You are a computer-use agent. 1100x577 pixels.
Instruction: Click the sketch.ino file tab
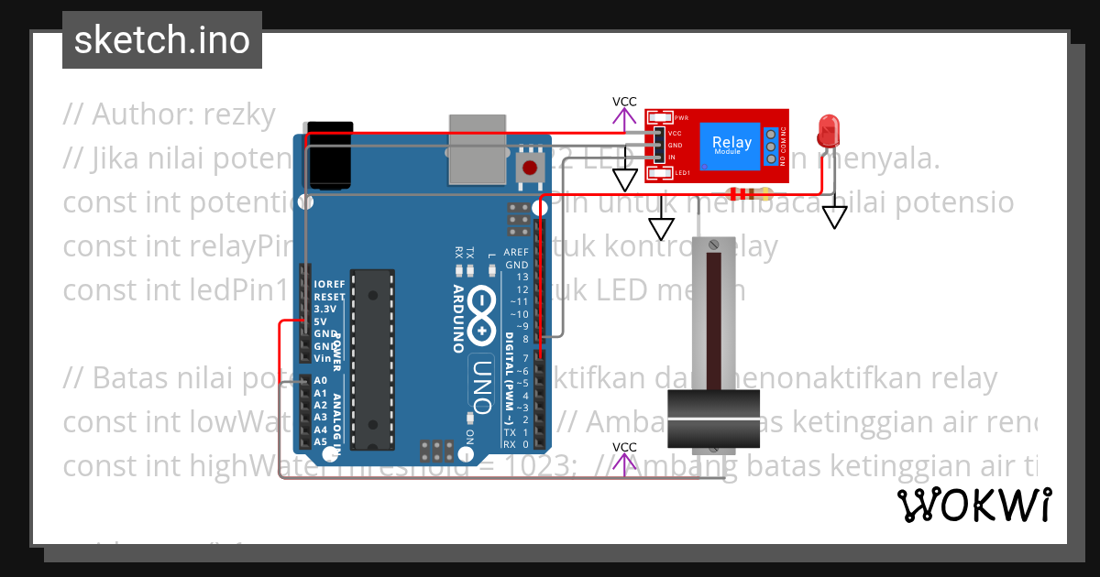[x=161, y=40]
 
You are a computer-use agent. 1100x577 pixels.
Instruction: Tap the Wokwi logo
[x=973, y=504]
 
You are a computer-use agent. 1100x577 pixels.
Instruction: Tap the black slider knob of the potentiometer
[x=714, y=418]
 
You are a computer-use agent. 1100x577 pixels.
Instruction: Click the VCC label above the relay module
[x=624, y=102]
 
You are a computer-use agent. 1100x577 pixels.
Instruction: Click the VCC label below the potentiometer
[x=624, y=447]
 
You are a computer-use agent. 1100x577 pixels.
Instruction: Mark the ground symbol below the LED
[x=834, y=217]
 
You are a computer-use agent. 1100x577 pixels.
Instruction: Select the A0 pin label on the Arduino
[x=320, y=380]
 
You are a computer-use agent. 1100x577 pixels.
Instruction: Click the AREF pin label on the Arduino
[x=515, y=252]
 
